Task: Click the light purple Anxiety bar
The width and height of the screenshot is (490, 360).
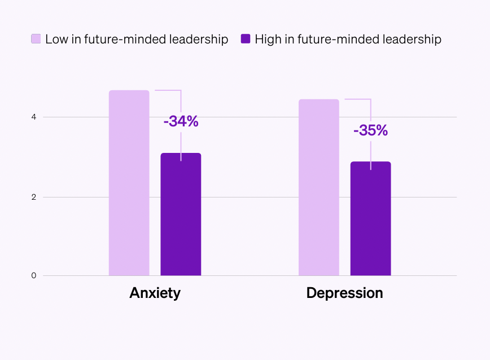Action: [x=129, y=183]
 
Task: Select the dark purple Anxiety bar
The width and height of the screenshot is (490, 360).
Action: [x=181, y=214]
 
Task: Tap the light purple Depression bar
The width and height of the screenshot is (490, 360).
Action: [x=318, y=187]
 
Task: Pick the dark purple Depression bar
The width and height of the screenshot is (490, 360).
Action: [x=370, y=219]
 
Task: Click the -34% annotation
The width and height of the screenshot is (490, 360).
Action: [x=181, y=121]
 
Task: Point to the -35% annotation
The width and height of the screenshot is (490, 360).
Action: [x=370, y=130]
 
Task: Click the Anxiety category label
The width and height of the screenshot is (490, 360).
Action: [x=155, y=293]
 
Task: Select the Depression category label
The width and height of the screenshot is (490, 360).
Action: [x=344, y=293]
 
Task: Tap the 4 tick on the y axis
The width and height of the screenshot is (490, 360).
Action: [x=33, y=117]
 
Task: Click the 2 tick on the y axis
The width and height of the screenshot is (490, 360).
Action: [x=33, y=197]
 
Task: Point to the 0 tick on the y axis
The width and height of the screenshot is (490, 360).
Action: [x=33, y=275]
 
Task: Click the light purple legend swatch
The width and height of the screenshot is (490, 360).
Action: [x=36, y=39]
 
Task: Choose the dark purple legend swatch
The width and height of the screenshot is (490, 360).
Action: [x=245, y=39]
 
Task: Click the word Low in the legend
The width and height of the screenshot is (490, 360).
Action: [x=56, y=39]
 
